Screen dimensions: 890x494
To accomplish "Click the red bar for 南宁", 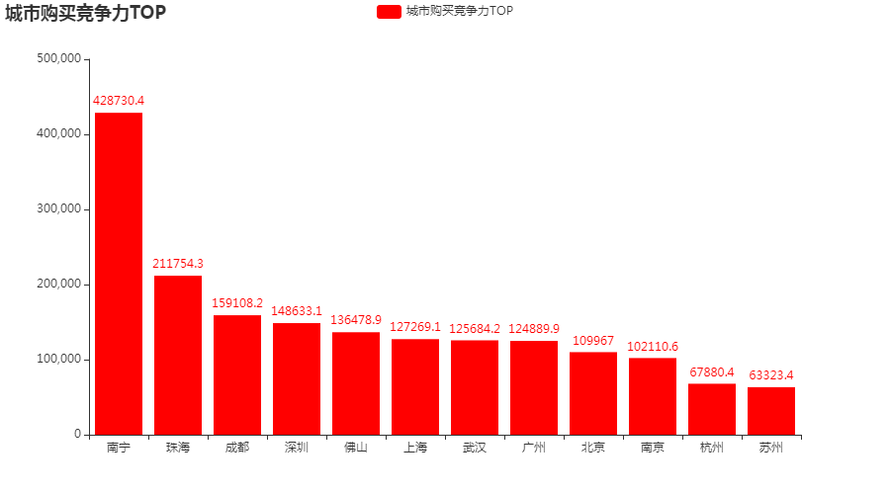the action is [119, 274].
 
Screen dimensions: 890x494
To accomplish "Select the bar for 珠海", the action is [178, 356].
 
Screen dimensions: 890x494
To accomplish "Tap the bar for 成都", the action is [237, 375].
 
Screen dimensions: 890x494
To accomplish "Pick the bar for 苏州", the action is [770, 411].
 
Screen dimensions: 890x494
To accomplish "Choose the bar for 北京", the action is [593, 393].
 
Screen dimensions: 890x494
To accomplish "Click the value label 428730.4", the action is [119, 101].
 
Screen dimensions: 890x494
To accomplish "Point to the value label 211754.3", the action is [178, 263].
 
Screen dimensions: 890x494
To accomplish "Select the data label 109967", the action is [593, 340].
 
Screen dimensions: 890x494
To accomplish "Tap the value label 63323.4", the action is [770, 374].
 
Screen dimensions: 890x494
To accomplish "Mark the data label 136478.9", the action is [356, 320].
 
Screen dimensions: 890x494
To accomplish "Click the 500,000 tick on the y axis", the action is [59, 58].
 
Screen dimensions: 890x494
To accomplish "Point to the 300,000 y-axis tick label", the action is [59, 208].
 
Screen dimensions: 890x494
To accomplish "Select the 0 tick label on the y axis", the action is [78, 434].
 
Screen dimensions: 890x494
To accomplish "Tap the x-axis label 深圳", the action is [297, 448].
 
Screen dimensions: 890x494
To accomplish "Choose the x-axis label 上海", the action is [415, 448].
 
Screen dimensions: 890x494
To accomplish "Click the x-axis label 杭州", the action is [712, 448].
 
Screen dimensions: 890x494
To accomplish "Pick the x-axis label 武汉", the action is [475, 448].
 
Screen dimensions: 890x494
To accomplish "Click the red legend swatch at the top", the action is [389, 11].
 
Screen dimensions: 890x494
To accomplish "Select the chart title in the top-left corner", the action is [86, 13].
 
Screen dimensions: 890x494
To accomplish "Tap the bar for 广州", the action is [534, 388].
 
